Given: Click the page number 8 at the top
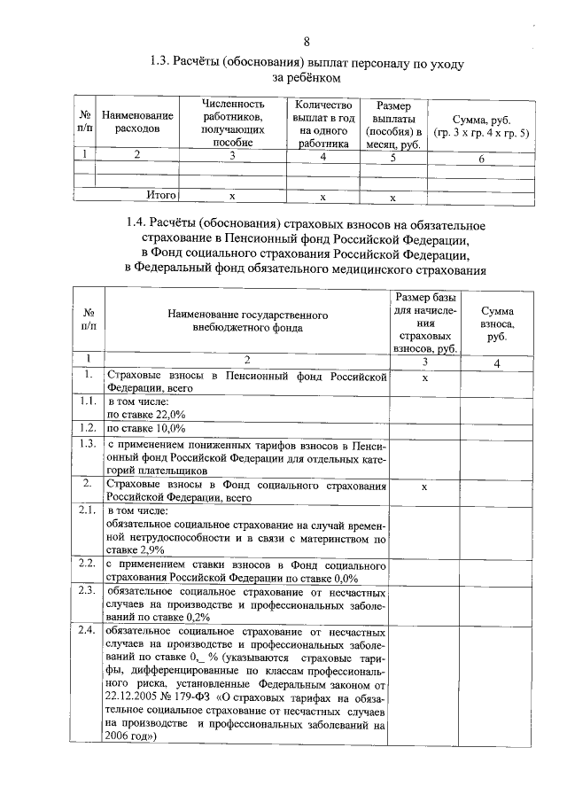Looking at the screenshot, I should (x=307, y=41).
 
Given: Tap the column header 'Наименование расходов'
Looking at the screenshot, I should (x=137, y=122).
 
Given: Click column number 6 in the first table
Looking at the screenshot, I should (x=480, y=159).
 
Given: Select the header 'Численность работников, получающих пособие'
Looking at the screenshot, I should (x=234, y=122).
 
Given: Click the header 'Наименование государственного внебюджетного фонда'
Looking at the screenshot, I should (x=247, y=321).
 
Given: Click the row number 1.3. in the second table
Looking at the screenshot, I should (x=86, y=444).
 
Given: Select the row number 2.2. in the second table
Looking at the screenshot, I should (x=86, y=564).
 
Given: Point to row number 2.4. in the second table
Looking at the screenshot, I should (x=86, y=631).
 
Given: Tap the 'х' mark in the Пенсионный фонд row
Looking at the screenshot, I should (x=424, y=378).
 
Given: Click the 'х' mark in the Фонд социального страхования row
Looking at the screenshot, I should (x=424, y=487).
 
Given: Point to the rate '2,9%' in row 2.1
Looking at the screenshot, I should (x=153, y=549).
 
